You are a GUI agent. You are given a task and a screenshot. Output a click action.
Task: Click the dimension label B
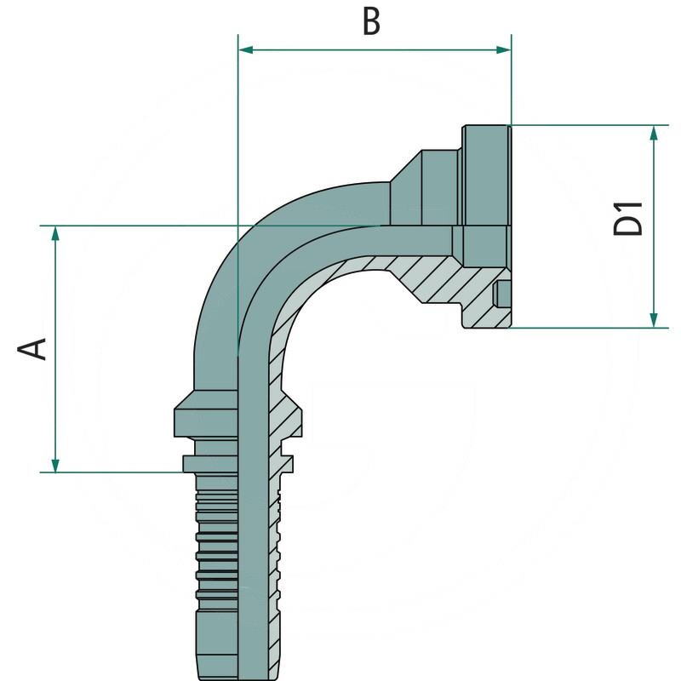point(370,22)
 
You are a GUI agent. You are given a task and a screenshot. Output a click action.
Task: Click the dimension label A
point(33,348)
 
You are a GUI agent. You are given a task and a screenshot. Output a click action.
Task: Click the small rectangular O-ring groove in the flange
point(504,293)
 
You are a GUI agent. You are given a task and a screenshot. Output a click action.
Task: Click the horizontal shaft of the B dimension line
point(375,50)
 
